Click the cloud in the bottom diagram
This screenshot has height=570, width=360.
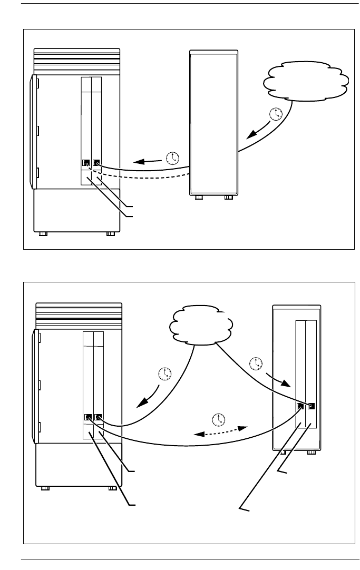[201, 326]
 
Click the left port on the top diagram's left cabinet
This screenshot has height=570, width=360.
[86, 163]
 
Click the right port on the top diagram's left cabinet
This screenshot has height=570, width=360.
[96, 163]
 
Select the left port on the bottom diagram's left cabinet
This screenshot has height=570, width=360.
[88, 418]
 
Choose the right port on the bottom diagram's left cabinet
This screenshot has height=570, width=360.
[98, 418]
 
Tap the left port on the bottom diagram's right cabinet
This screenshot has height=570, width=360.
[300, 407]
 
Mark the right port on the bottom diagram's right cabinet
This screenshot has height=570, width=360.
[310, 406]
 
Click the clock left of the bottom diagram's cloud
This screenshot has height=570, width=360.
[165, 374]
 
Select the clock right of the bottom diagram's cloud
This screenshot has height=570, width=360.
[257, 362]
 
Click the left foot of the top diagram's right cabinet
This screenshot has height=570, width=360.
[198, 199]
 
